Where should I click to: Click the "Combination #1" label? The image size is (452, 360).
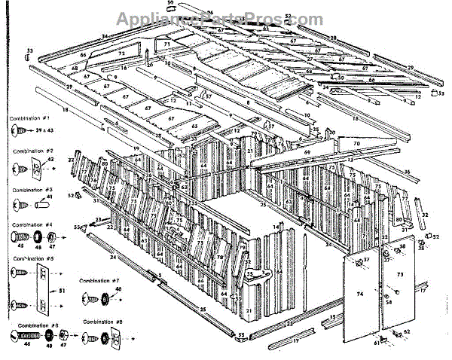pyautogui.click(x=29, y=119)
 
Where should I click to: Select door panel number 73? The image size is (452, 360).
pyautogui.click(x=400, y=276)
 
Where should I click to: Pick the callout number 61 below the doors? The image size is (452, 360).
pyautogui.click(x=377, y=343)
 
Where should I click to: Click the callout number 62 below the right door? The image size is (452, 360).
pyautogui.click(x=407, y=331)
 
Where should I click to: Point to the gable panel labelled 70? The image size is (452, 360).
pyautogui.click(x=356, y=143)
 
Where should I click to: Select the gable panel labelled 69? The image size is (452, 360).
pyautogui.click(x=307, y=152)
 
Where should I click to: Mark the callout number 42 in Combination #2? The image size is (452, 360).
pyautogui.click(x=51, y=160)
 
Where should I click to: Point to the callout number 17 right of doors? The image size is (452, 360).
pyautogui.click(x=423, y=289)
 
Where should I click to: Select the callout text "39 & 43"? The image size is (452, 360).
pyautogui.click(x=44, y=130)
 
